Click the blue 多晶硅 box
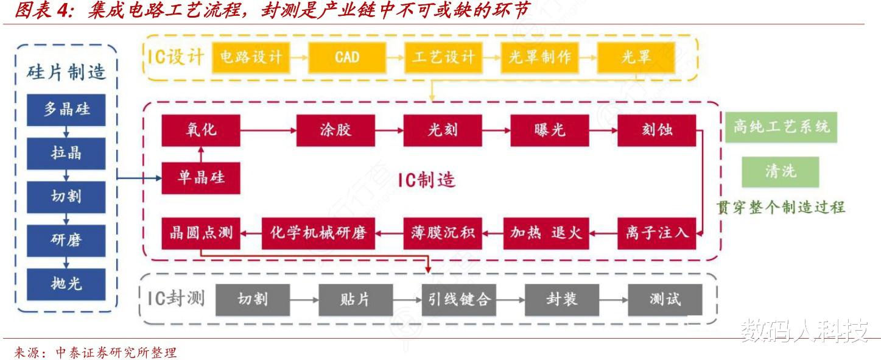point(66,110)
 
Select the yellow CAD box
point(347,57)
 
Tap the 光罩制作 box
point(539,57)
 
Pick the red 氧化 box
point(201,130)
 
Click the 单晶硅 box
point(201,178)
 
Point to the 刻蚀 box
point(657,130)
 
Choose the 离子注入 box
point(657,233)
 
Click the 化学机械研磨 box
point(318,233)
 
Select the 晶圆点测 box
point(201,233)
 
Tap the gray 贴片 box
point(356,300)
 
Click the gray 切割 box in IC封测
point(253,300)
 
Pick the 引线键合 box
point(459,300)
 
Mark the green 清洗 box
point(781,172)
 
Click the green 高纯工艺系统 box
point(781,127)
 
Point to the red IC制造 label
point(427,180)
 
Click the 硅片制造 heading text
point(66,72)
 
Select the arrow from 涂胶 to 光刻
point(390,130)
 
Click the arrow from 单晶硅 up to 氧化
point(201,154)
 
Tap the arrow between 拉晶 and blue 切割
point(66,175)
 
